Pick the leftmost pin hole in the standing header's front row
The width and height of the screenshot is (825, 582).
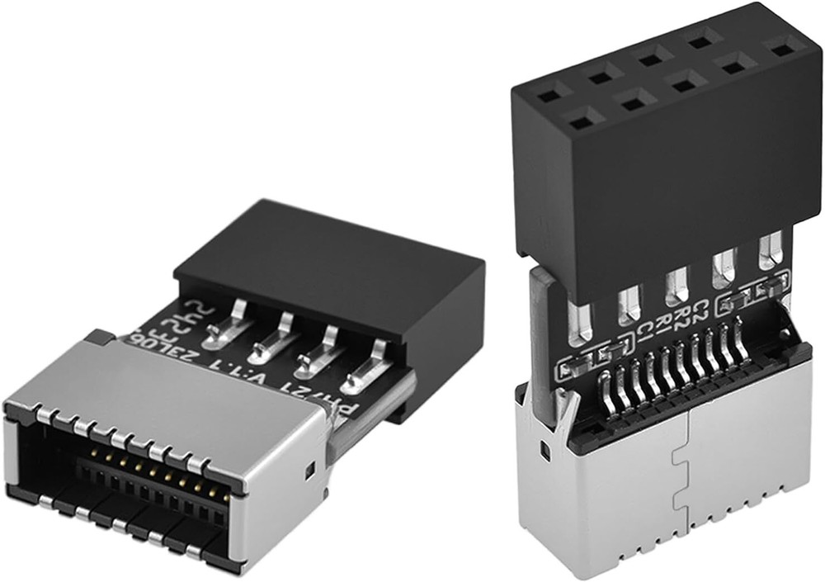click(x=581, y=121)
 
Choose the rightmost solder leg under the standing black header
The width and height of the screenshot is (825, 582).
click(x=771, y=250)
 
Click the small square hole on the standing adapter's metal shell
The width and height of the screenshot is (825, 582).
click(x=545, y=449)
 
